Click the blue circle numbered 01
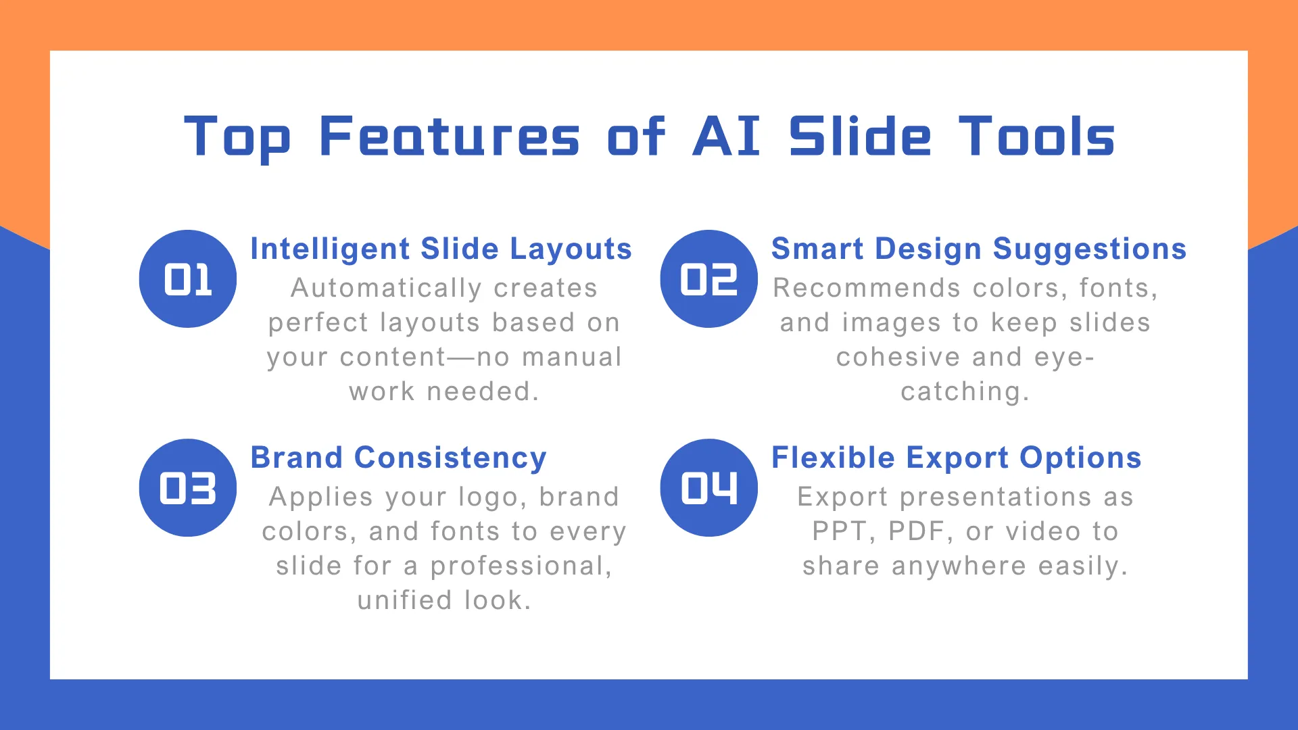(188, 279)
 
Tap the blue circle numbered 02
(709, 279)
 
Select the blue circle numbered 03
(188, 488)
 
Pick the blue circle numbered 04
(709, 488)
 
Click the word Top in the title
(237, 139)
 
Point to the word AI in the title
(727, 136)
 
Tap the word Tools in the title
(1037, 136)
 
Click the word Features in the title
(450, 136)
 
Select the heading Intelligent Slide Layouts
(441, 249)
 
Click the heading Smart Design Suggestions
(979, 249)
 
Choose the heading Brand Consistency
(399, 458)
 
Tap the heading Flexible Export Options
(957, 458)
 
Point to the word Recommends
(867, 288)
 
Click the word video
(1042, 532)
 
